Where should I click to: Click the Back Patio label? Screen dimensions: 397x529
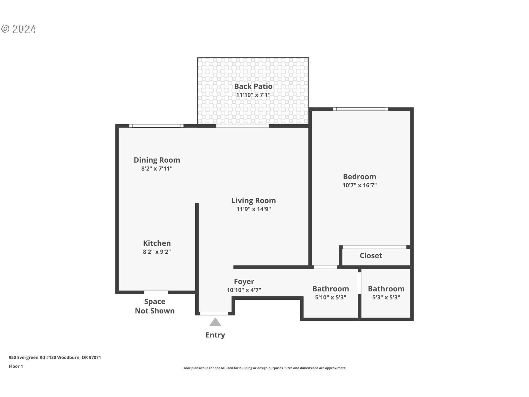(x=253, y=86)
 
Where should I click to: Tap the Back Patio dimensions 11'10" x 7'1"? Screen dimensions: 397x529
(x=253, y=95)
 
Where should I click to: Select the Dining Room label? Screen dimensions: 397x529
(x=157, y=160)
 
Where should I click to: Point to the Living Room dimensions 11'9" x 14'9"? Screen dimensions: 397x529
(x=253, y=209)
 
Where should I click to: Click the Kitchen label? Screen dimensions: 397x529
(x=157, y=243)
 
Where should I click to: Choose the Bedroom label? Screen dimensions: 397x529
(x=359, y=177)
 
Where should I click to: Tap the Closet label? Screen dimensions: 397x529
(x=371, y=256)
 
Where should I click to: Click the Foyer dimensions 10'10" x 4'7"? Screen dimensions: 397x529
(x=244, y=290)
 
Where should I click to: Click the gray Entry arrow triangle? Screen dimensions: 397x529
(x=215, y=322)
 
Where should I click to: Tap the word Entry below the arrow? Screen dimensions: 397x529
(x=215, y=335)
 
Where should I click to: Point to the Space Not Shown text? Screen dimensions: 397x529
(x=155, y=306)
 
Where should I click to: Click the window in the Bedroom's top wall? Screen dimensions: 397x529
(x=361, y=109)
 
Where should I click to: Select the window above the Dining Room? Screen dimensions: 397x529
(x=156, y=126)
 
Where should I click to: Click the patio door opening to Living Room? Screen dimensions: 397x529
(x=242, y=126)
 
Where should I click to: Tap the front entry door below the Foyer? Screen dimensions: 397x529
(x=214, y=313)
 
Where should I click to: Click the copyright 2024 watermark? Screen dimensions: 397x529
(x=18, y=29)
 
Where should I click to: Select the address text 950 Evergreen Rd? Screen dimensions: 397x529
(x=55, y=358)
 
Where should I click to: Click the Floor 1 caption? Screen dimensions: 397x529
(x=16, y=366)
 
